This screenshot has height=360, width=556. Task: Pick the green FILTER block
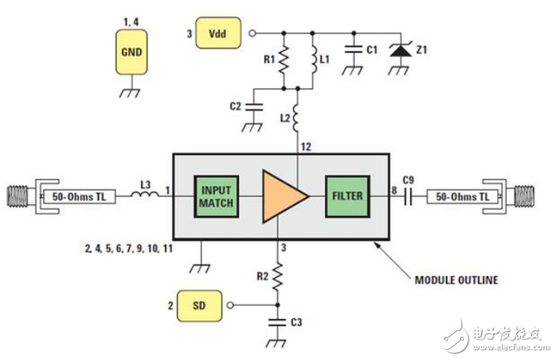[x=347, y=195]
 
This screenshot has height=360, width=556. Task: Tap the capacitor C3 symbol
[x=277, y=319]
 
